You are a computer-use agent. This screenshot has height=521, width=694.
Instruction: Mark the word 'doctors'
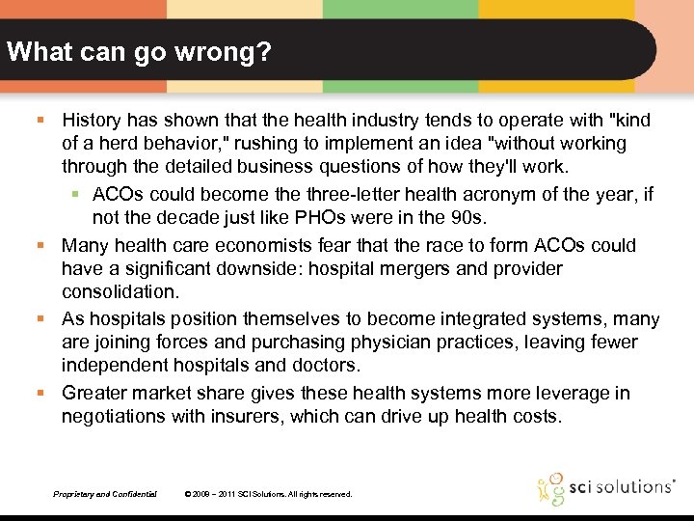(x=325, y=365)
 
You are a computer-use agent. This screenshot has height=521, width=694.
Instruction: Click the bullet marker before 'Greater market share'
(x=40, y=394)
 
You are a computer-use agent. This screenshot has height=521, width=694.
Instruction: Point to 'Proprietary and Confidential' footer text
(x=105, y=494)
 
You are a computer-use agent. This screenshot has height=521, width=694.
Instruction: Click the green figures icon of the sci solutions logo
(x=551, y=488)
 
